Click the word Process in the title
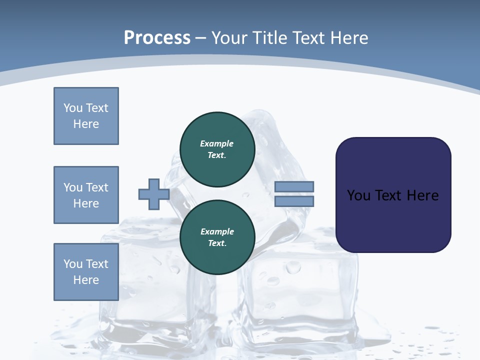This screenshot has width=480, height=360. (x=157, y=38)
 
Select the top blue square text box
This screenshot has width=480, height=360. (x=86, y=116)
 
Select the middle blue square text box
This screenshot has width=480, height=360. (x=86, y=195)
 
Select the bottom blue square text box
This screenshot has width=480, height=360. (x=86, y=272)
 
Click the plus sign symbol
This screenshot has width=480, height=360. (x=153, y=194)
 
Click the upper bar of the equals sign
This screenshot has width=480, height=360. (x=294, y=186)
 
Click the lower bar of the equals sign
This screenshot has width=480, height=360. (x=294, y=201)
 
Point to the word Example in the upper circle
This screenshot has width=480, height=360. (x=217, y=143)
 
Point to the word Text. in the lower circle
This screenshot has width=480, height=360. (x=217, y=243)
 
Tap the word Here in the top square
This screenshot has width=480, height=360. (x=86, y=124)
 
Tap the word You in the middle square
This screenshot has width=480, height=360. (x=72, y=187)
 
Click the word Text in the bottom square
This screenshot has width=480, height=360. (x=97, y=264)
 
